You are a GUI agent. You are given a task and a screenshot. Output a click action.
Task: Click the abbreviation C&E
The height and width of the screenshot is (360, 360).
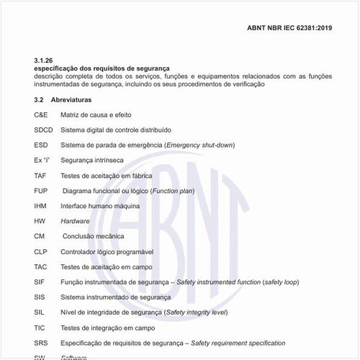(41, 114)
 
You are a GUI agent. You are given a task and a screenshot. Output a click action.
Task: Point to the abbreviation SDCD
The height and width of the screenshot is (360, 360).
(43, 130)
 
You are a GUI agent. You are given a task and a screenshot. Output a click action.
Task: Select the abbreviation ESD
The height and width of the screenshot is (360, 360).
(40, 145)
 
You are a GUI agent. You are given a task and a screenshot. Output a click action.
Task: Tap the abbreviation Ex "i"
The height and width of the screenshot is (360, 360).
(42, 160)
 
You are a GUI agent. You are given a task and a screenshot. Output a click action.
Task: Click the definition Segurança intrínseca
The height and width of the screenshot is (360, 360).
(92, 160)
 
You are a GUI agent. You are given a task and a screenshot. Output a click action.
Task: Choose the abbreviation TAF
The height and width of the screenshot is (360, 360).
(40, 175)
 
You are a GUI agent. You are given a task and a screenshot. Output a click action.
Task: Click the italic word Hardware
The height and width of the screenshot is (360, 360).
(76, 220)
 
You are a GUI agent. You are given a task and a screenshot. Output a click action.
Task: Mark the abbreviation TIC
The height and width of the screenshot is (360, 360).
(40, 327)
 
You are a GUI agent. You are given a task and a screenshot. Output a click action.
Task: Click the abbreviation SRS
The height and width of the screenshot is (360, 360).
(41, 342)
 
